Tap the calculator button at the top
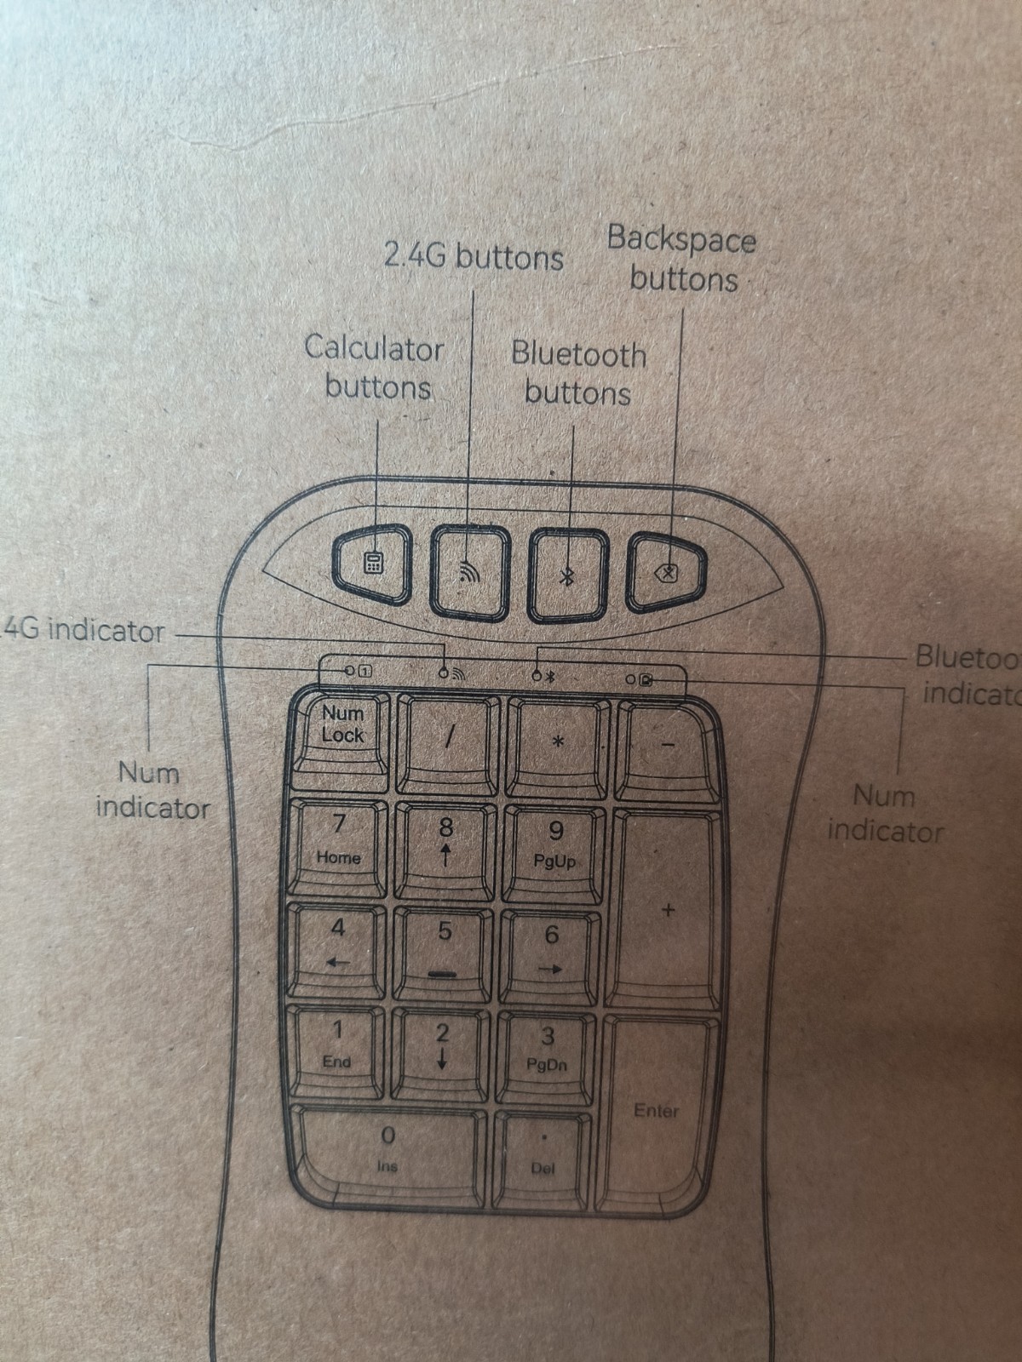coord(371,564)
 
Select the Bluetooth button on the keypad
coord(568,573)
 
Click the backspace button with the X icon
coord(668,572)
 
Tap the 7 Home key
coord(338,845)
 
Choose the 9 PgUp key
coord(554,849)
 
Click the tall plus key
coord(667,910)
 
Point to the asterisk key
coord(558,741)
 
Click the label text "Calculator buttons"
coord(375,367)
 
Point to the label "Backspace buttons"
coord(681,259)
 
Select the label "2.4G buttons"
coord(474,255)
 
